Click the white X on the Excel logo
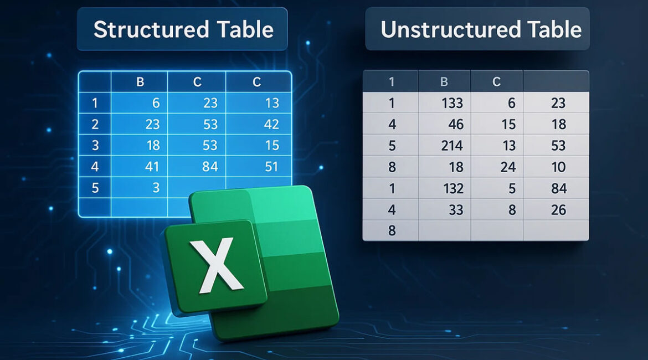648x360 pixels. tap(215, 265)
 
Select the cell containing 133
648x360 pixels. tap(444, 102)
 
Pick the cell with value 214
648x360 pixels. tap(444, 146)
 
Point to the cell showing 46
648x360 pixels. tap(444, 124)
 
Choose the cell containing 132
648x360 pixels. tap(444, 188)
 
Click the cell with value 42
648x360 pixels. tap(259, 124)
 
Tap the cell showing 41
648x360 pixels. tap(139, 167)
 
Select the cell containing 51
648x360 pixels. tap(259, 167)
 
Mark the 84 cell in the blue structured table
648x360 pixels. tap(197, 167)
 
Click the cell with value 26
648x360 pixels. tap(556, 210)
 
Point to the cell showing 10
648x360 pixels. tap(556, 167)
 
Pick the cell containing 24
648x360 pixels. tap(497, 167)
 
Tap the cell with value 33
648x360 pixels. tap(444, 210)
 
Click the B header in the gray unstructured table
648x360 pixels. tap(444, 81)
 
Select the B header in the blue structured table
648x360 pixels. tap(140, 82)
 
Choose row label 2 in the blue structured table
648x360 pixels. tap(95, 124)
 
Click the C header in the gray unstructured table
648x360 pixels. tap(497, 81)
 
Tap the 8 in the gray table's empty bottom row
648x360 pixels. tap(392, 230)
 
